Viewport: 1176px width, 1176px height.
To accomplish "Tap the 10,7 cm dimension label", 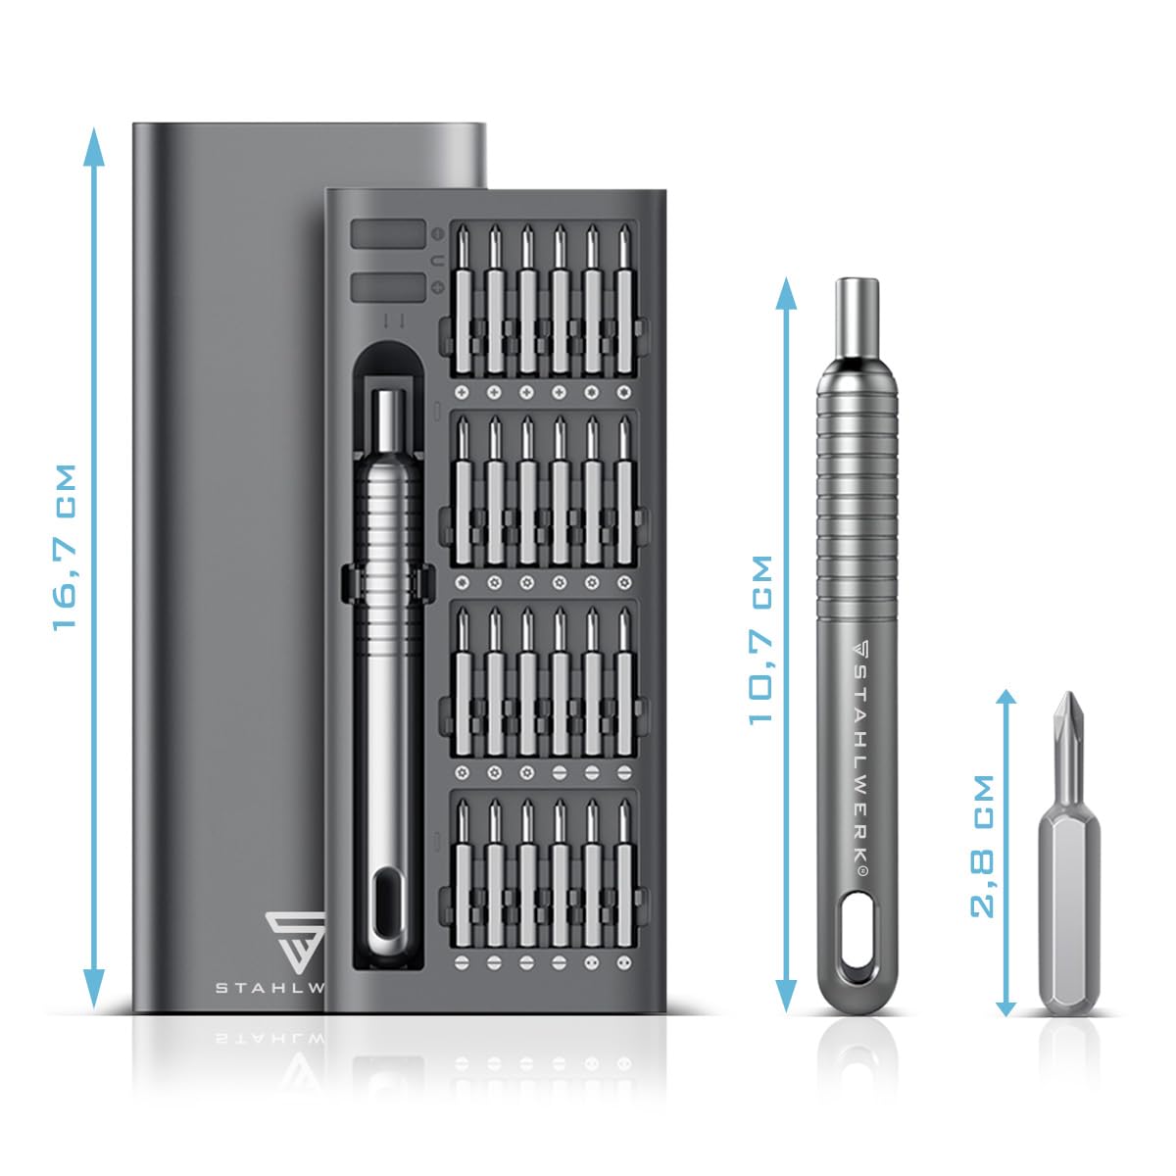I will pyautogui.click(x=761, y=639).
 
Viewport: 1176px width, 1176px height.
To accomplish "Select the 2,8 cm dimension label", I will pyautogui.click(x=983, y=846).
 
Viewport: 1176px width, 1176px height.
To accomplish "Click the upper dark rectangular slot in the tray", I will pyautogui.click(x=387, y=235).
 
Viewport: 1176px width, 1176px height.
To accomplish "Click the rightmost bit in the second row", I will pyautogui.click(x=624, y=490).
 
